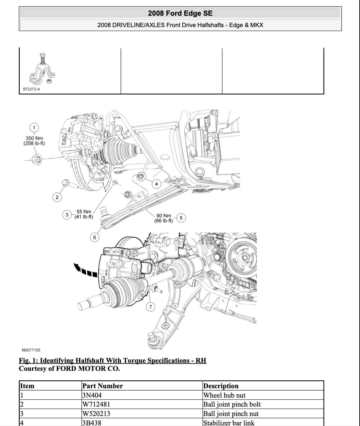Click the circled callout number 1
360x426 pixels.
[34, 127]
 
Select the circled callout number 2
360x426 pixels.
[57, 197]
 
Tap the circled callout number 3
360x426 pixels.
[67, 214]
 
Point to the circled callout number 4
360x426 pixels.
[156, 184]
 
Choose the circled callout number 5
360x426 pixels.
[181, 218]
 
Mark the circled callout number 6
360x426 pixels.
[95, 237]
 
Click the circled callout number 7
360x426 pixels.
[151, 307]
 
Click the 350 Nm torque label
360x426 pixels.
[34, 140]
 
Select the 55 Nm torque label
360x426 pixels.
[84, 214]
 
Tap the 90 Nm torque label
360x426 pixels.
[164, 218]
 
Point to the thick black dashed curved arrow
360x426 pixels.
[85, 270]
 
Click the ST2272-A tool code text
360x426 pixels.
[31, 89]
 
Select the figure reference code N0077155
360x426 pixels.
[31, 350]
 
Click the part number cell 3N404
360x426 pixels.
[92, 395]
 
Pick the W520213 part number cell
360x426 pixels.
[96, 414]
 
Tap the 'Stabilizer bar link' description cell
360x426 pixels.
[229, 423]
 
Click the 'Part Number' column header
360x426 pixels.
[102, 386]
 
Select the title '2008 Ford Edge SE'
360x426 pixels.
[180, 13]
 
